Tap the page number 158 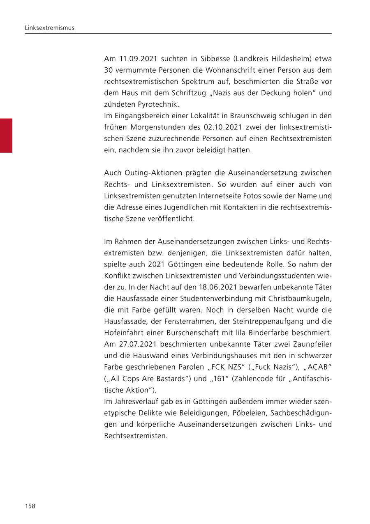tap(30, 506)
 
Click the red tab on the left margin tap(6, 136)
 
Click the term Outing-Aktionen tap(148, 173)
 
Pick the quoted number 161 tap(218, 379)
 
